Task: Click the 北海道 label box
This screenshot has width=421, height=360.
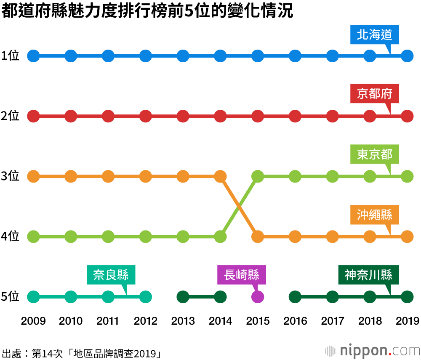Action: click(374, 35)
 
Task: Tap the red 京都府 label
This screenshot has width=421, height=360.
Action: click(374, 94)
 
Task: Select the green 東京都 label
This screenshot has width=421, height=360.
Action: click(374, 154)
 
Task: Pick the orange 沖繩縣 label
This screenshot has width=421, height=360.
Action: click(374, 215)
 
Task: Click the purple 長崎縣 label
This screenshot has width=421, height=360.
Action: click(242, 275)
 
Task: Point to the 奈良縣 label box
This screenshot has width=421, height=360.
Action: click(111, 275)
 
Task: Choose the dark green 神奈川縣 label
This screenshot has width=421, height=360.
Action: click(368, 275)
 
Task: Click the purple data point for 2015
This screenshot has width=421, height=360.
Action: click(258, 297)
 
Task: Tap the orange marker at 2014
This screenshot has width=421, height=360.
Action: click(220, 176)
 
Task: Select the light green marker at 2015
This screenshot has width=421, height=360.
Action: click(258, 176)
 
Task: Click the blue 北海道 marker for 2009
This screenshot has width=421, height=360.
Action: click(33, 56)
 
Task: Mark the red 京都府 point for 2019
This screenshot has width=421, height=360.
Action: click(407, 116)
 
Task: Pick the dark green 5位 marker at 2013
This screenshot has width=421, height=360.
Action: click(183, 297)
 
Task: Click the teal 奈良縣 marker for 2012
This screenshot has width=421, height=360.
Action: click(146, 297)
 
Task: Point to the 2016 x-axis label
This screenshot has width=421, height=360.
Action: click(295, 321)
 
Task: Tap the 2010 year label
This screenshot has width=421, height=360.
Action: click(71, 321)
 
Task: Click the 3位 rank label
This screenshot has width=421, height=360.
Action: click(10, 176)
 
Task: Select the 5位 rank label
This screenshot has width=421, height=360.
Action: click(10, 297)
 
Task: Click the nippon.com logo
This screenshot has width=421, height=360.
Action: click(372, 350)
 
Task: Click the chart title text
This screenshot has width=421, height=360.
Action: click(147, 11)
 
